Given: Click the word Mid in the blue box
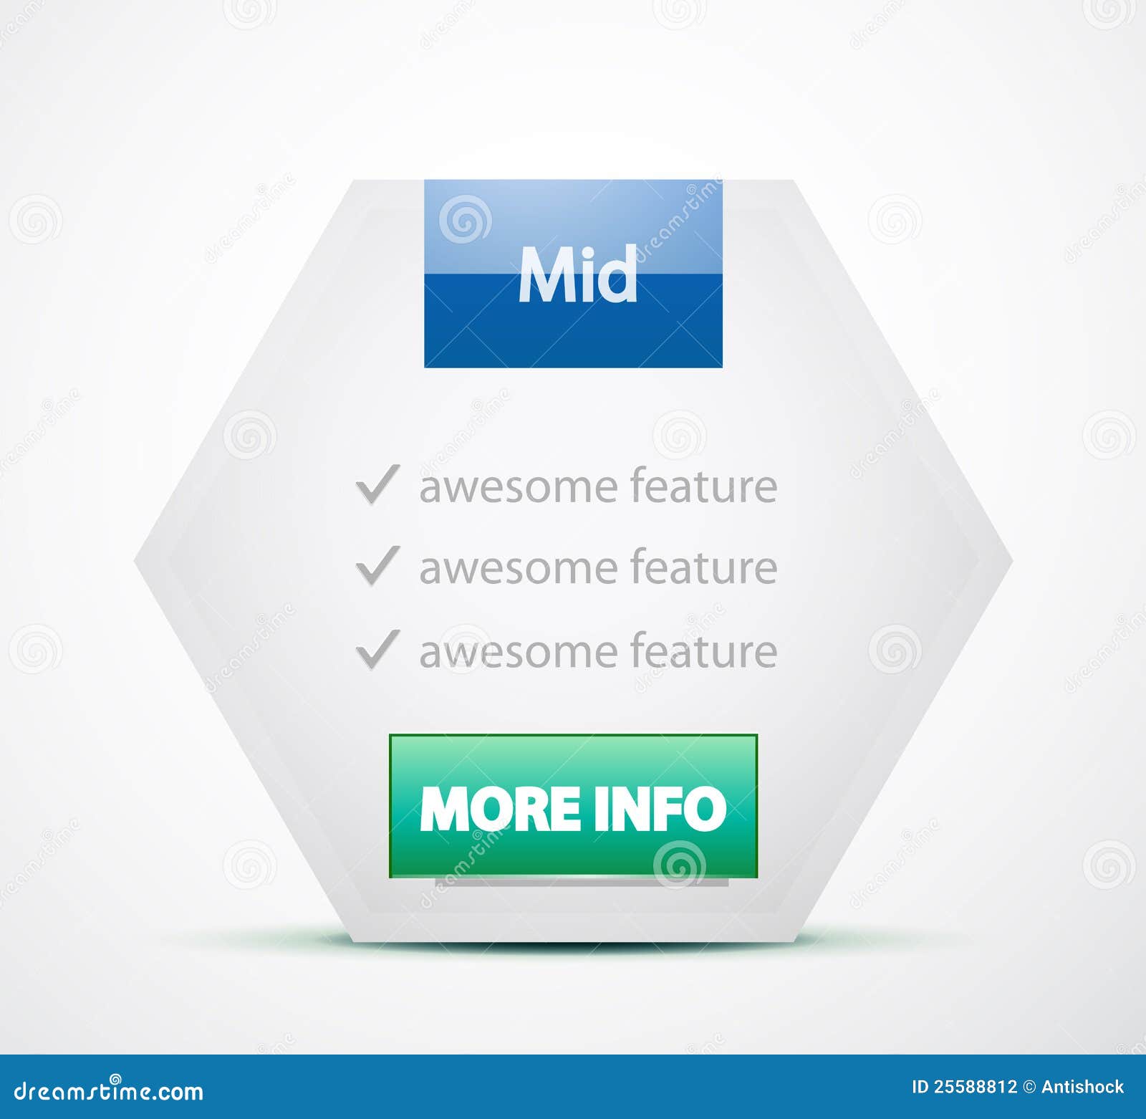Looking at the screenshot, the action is point(577,274).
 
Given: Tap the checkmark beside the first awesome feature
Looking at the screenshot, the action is point(377,485).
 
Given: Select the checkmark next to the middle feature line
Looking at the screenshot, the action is point(377,566).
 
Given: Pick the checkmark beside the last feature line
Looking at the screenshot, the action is point(377,650).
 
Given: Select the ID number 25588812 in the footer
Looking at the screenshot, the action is point(975,1087).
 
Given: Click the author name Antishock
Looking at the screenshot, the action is point(1082,1087).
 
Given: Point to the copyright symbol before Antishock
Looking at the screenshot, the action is point(1029,1087).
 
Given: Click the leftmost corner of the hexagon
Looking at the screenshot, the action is point(135,562).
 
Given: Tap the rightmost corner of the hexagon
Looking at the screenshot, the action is point(1012,562).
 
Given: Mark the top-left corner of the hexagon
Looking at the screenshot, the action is point(353,181).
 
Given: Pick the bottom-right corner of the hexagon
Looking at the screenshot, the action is point(794,941).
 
